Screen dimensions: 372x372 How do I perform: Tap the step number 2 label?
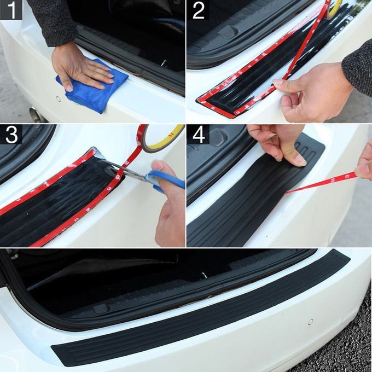(x=198, y=10)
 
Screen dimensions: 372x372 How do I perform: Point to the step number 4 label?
(x=198, y=135)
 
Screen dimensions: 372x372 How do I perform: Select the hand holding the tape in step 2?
(x=312, y=90)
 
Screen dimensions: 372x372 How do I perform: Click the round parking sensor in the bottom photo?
(x=310, y=322)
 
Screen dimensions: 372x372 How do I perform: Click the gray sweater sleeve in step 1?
(x=52, y=22)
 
